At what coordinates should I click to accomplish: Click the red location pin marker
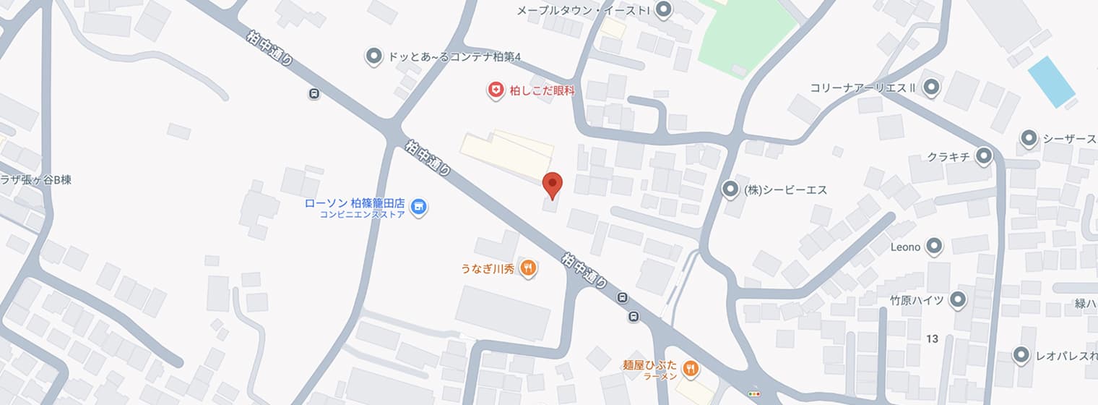coord(553,184)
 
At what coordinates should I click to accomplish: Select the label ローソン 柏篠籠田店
coord(354,203)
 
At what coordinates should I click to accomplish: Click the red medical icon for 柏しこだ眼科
coord(496,90)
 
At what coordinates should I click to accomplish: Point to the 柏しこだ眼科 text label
coord(542,90)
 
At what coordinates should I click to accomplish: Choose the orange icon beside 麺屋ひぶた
coord(691,370)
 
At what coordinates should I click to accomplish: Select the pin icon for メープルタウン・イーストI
coord(664,10)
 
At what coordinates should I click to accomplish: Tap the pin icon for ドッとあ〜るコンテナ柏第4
coord(373,56)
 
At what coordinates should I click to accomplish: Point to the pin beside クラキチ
coord(983,156)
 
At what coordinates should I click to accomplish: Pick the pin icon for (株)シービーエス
coord(730,189)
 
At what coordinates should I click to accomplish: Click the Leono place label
coord(905,247)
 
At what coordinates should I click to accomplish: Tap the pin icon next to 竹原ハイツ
coord(958,299)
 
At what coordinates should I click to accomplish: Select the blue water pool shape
coord(1051,82)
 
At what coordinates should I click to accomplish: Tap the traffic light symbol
coord(755,393)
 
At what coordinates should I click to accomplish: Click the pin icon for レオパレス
coord(1021,355)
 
